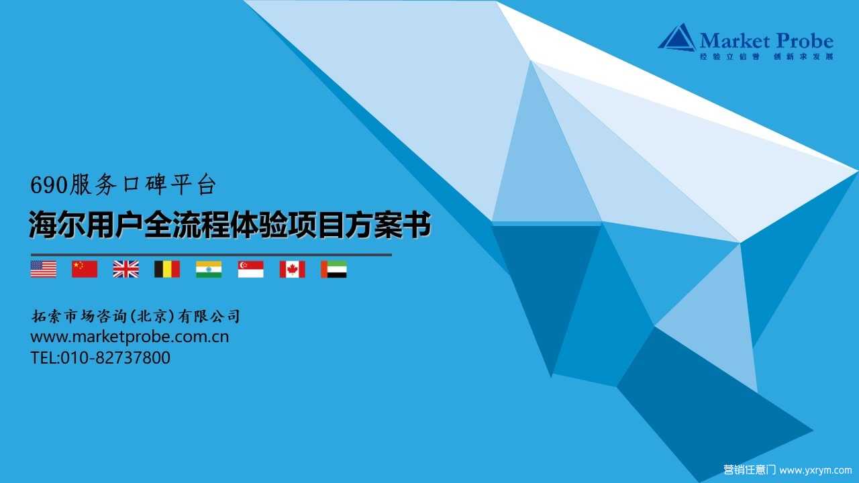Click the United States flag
pos(44,269)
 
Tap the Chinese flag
pos(85,269)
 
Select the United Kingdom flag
pos(125,269)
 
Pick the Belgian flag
pos(167,269)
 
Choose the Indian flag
pos(209,269)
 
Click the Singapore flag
pos(250,269)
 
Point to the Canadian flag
pos(292,269)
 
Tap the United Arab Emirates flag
pos(334,269)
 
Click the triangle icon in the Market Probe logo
pos(677,38)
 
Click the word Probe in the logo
pos(804,41)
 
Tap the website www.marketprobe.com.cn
pos(130,337)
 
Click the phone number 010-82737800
pos(115,358)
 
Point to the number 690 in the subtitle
pos(49,185)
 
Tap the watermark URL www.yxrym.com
pos(815,470)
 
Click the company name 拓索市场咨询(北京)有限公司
pos(136,316)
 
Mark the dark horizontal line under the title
pos(211,254)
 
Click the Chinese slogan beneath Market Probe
pos(766,56)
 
